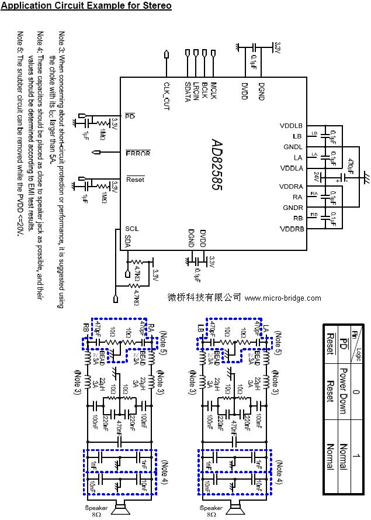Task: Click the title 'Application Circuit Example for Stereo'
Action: point(86,6)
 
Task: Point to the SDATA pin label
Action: point(188,92)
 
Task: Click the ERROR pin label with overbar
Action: point(138,153)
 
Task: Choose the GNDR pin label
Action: point(293,208)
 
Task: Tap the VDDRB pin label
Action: point(292,229)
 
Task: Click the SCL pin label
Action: point(131,229)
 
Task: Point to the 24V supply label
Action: point(316,175)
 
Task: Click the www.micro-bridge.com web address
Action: point(283,298)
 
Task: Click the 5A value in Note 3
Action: point(52,159)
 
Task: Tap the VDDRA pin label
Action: point(292,187)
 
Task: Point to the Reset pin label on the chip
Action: point(135,179)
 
